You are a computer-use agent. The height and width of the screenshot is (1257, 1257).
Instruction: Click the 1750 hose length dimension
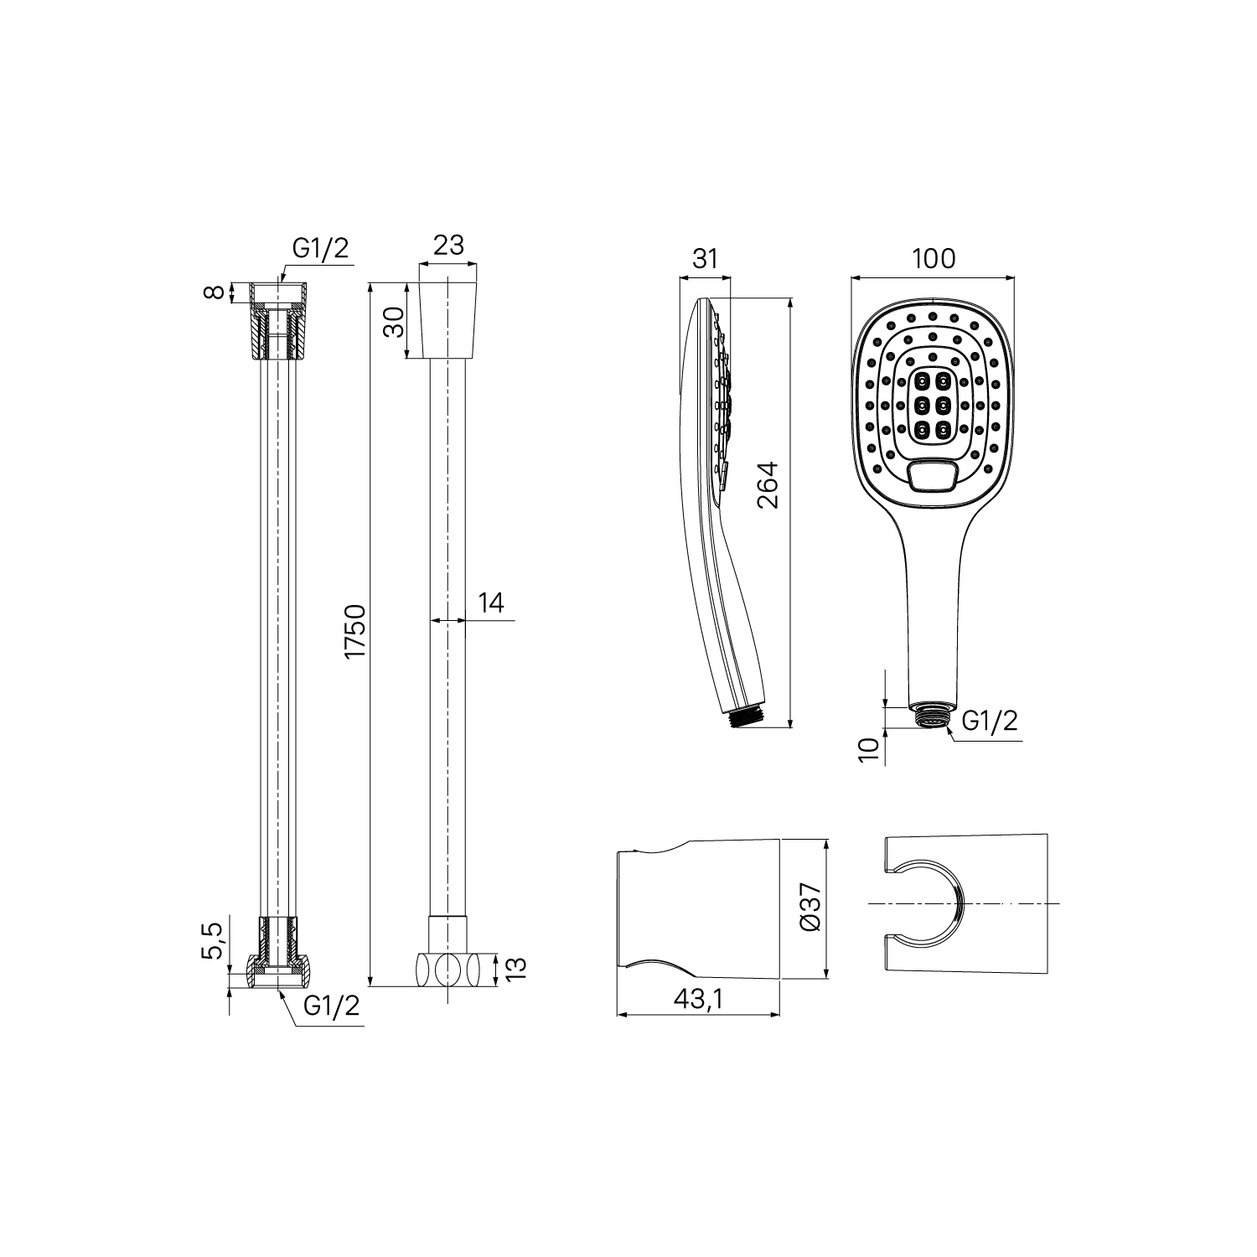(357, 630)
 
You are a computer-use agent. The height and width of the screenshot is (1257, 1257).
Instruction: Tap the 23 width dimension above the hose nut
(448, 245)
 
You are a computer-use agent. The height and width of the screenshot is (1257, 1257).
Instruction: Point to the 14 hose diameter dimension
(491, 603)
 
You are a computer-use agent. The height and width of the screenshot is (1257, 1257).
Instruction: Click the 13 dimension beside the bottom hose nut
(517, 969)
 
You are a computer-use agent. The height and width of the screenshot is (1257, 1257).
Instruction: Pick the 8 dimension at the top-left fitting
(216, 292)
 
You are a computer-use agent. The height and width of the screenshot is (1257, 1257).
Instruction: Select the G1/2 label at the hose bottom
(331, 1006)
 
